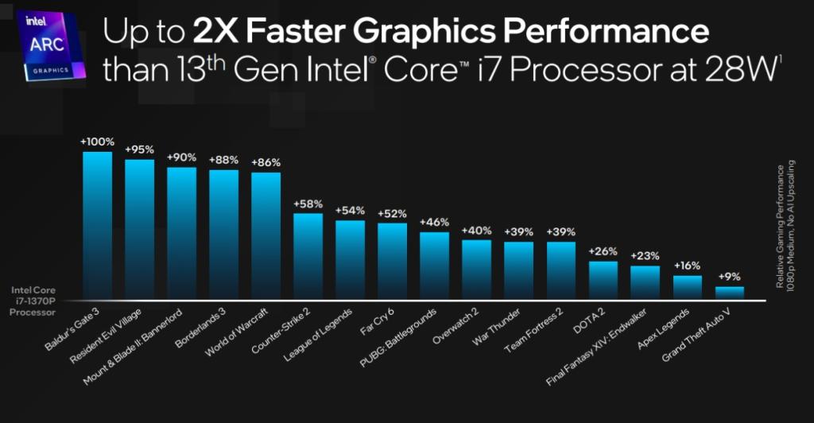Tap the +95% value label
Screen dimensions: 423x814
pyautogui.click(x=139, y=149)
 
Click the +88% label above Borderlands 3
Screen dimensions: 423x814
pyautogui.click(x=223, y=159)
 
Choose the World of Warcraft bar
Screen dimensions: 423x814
pyautogui.click(x=266, y=236)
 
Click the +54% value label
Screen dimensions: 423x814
pyautogui.click(x=350, y=210)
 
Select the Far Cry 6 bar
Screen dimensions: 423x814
pyautogui.click(x=392, y=261)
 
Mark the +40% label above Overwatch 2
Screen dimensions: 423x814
pyautogui.click(x=476, y=230)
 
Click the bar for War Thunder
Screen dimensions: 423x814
pyautogui.click(x=518, y=270)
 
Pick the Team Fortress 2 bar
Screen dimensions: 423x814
pyautogui.click(x=560, y=270)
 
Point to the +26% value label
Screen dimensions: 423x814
pyautogui.click(x=603, y=250)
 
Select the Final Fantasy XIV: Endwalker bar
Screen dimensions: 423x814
pyautogui.click(x=645, y=282)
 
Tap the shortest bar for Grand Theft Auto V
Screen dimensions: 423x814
pyautogui.click(x=729, y=293)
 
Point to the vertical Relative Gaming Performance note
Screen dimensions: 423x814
pyautogui.click(x=785, y=227)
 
